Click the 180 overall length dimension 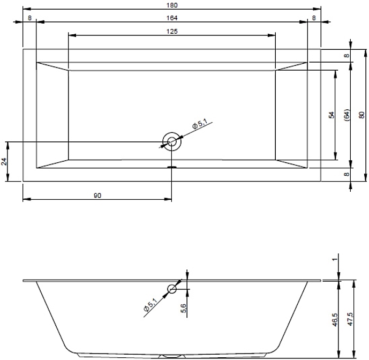tap(172, 5)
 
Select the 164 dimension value tap(172, 18)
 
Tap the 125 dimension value tap(172, 31)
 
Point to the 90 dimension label tap(97, 196)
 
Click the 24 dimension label tap(4, 161)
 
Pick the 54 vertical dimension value tap(332, 115)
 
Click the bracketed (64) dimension tap(347, 115)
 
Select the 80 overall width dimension tap(362, 115)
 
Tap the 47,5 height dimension tap(351, 319)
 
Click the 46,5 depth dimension tap(335, 319)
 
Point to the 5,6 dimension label tap(184, 308)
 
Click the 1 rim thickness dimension tap(335, 259)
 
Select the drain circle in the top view tap(171, 141)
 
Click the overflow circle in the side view tap(172, 289)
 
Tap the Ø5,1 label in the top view tap(200, 124)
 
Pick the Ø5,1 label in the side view tap(150, 305)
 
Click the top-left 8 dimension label tap(29, 18)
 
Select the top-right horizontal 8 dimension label tap(314, 18)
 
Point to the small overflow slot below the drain tap(172, 167)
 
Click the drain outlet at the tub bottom tap(171, 356)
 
